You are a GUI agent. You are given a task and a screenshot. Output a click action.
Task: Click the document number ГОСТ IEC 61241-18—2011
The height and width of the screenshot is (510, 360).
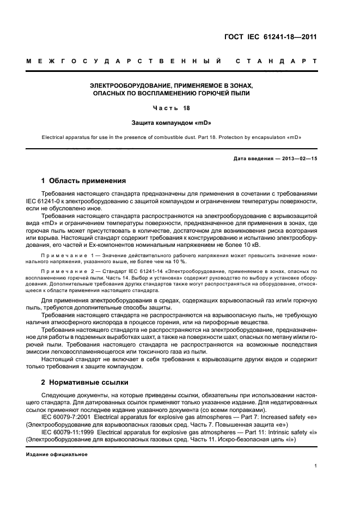pos(271,37)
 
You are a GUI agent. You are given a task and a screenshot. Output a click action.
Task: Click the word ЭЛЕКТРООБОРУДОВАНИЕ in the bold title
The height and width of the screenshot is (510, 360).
pos(124,86)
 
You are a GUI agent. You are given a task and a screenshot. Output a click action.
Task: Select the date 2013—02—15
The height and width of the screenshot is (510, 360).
pos(298,158)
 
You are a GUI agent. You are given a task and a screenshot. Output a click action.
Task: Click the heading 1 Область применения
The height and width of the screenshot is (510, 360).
pos(84,181)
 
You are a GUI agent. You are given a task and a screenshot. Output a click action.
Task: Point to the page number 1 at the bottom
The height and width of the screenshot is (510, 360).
pos(316,466)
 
